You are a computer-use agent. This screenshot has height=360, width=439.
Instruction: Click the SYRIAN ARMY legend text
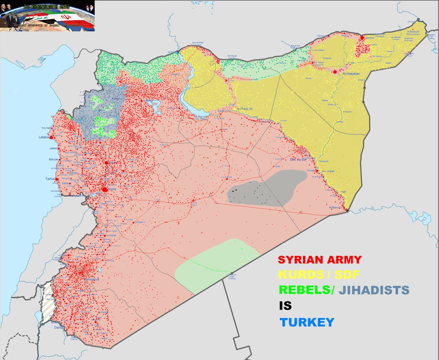point(320,260)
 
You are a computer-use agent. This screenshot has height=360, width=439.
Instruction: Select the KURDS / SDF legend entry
point(319,275)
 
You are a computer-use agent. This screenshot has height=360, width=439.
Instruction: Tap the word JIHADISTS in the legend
point(374,290)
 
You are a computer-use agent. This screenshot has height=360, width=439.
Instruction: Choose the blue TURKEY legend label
point(306,322)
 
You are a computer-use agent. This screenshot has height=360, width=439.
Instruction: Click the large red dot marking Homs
point(105,189)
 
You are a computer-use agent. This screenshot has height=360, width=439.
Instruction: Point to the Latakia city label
point(43,137)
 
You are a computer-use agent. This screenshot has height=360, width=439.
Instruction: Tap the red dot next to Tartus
point(57,179)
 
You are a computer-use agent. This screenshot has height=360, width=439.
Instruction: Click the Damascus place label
point(91,279)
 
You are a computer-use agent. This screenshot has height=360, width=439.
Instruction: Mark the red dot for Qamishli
point(362,38)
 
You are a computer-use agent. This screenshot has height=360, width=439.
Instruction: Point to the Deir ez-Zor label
point(299,159)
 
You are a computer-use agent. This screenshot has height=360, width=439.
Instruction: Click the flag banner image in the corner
point(47,16)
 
